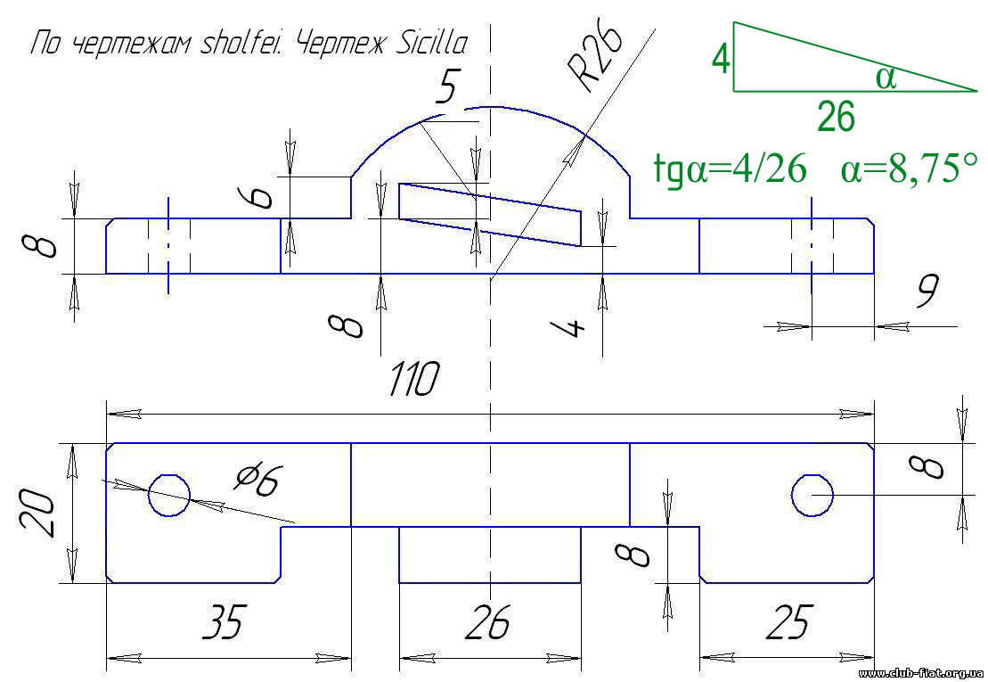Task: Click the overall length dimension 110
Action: pos(414,381)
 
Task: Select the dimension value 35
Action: pos(223,621)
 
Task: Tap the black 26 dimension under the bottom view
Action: pos(488,621)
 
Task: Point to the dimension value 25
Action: pos(790,621)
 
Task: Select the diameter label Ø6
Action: pos(257,481)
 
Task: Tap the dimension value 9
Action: pos(927,292)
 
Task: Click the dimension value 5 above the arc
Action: pos(445,87)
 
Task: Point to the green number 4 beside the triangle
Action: pos(721,60)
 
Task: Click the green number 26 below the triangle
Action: pos(836,117)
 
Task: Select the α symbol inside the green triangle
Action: pos(886,78)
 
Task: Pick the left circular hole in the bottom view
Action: pos(169,494)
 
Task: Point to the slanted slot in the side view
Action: pos(489,214)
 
